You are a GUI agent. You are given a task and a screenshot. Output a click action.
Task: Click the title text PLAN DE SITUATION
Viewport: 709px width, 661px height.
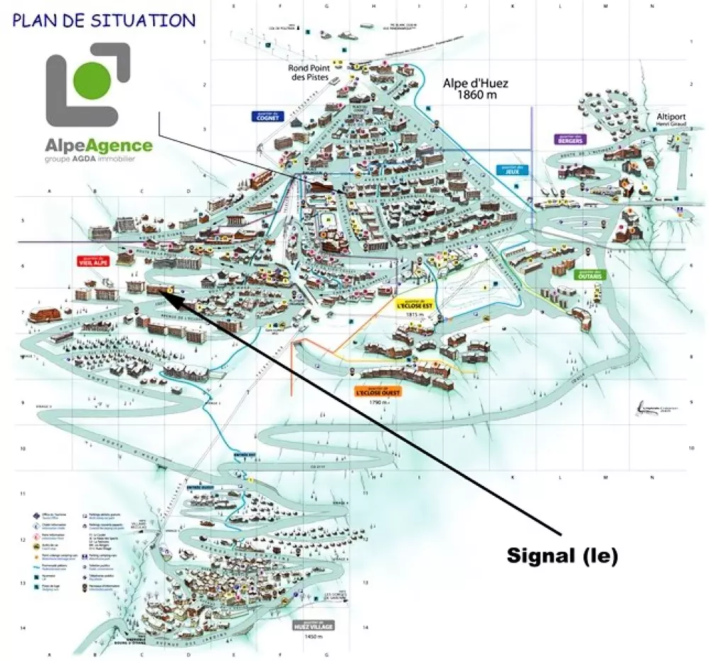[104, 19]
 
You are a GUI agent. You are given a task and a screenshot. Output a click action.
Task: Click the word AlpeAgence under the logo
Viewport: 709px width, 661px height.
[99, 146]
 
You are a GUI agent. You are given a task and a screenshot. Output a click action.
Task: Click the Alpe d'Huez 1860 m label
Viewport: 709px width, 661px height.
[476, 89]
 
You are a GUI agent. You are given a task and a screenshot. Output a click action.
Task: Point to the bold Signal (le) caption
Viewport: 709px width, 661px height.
[562, 556]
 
